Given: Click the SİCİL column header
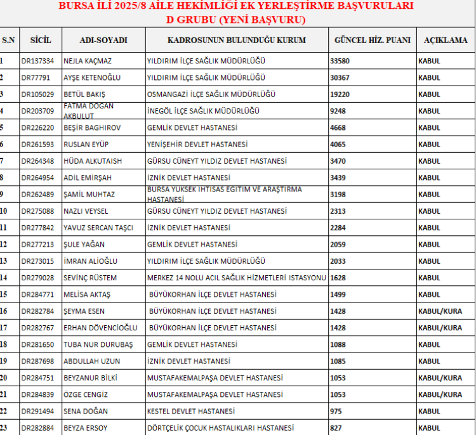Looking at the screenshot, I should click(x=41, y=40).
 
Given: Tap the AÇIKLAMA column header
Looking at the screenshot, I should click(x=446, y=40).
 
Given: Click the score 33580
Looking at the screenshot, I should click(x=340, y=62).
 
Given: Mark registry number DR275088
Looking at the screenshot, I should click(x=37, y=211).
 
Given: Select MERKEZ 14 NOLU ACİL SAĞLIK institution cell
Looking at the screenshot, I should click(x=236, y=278).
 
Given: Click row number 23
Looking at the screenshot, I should click(x=4, y=428).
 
